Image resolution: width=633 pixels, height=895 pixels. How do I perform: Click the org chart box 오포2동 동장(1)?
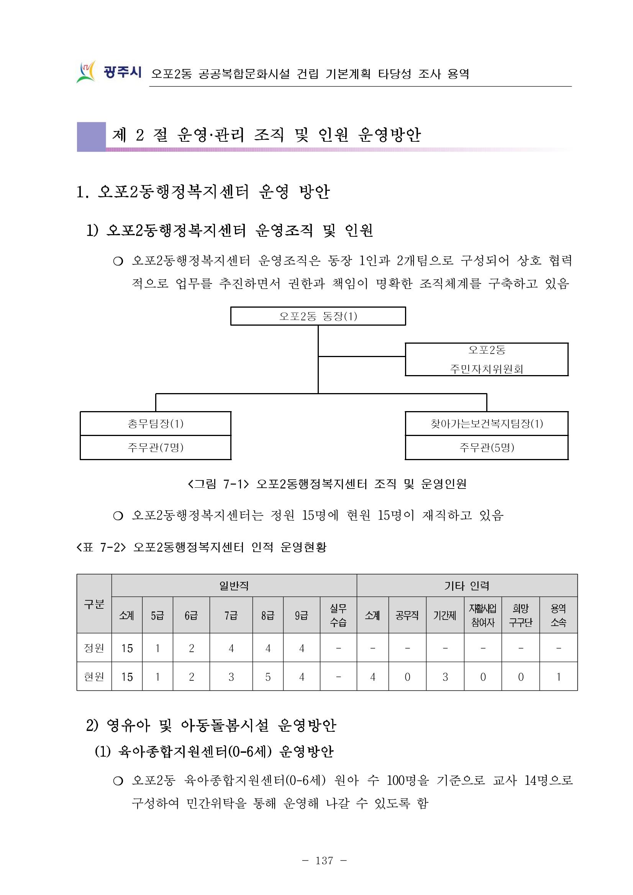coord(318,316)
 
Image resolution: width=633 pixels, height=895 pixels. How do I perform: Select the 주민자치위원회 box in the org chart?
coord(487,359)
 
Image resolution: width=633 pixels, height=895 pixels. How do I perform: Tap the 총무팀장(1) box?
coord(156,424)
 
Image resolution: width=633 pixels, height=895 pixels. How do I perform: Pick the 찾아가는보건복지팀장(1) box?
coord(487,424)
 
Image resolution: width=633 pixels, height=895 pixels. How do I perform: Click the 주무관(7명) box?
coord(156,447)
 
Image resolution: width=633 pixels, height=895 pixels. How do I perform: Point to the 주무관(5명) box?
coord(487,447)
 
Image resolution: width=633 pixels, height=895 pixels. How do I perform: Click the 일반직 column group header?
coord(234,585)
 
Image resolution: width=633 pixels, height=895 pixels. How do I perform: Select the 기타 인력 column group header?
coord(467,585)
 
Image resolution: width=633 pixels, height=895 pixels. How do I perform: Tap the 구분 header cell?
coord(94,604)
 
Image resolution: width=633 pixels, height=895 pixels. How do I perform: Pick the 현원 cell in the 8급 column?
coord(268,677)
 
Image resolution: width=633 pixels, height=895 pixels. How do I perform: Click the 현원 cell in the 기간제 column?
coord(445,677)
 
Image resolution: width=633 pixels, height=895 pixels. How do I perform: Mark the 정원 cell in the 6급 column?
coord(191,648)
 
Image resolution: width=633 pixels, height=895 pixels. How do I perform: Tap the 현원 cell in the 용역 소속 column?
coord(558,677)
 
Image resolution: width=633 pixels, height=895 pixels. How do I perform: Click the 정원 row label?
coord(94,648)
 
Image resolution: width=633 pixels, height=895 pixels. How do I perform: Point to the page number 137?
coord(324,861)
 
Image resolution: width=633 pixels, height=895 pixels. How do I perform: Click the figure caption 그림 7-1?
coord(326,484)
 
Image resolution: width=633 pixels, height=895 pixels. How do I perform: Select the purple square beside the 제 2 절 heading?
coord(91,136)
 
